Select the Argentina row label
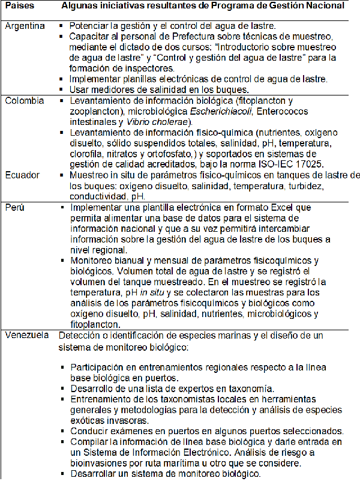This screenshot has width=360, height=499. [24, 27]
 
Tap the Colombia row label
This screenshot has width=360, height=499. [25, 101]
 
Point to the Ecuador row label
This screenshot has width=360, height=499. [22, 175]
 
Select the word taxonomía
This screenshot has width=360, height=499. [247, 389]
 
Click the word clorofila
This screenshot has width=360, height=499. [90, 153]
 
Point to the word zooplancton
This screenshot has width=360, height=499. [93, 111]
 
